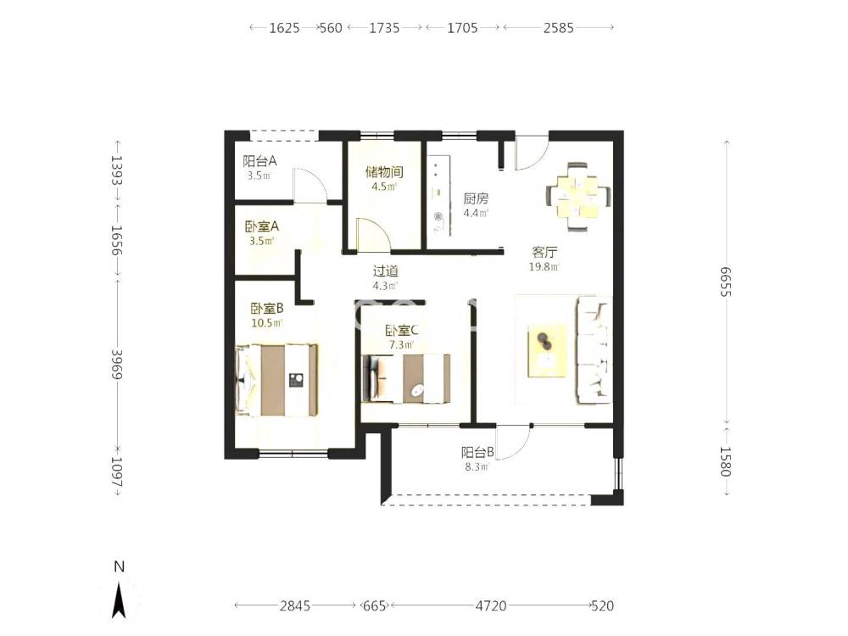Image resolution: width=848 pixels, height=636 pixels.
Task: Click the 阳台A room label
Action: pyautogui.click(x=259, y=161)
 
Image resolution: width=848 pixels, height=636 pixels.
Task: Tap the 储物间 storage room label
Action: pyautogui.click(x=384, y=172)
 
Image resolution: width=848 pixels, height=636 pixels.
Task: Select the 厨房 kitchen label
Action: pyautogui.click(x=476, y=199)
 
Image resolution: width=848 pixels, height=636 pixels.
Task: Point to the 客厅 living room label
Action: pyautogui.click(x=544, y=252)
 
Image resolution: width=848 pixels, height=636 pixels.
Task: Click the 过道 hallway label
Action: pyautogui.click(x=386, y=271)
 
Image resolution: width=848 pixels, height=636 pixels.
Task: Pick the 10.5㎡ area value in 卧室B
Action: pyautogui.click(x=266, y=323)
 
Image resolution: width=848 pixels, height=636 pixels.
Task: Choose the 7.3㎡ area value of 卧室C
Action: pyautogui.click(x=401, y=344)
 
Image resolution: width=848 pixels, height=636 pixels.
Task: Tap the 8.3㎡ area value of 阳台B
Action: pyautogui.click(x=477, y=466)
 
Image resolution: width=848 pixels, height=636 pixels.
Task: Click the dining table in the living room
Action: pyautogui.click(x=578, y=197)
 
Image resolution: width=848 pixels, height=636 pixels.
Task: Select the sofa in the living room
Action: pyautogui.click(x=594, y=350)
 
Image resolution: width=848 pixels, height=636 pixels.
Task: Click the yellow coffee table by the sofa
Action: pyautogui.click(x=548, y=350)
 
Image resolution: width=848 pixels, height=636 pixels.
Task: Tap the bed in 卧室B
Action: pyautogui.click(x=276, y=380)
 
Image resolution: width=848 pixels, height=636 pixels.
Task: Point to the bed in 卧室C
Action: pyautogui.click(x=405, y=378)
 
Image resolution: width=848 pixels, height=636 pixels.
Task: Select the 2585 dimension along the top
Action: pyautogui.click(x=559, y=28)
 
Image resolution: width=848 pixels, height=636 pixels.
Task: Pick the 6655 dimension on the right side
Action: pyautogui.click(x=725, y=282)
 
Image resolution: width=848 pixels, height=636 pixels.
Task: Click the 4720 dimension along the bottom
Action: pyautogui.click(x=491, y=605)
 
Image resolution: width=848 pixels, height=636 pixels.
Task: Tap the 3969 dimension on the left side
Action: pyautogui.click(x=117, y=365)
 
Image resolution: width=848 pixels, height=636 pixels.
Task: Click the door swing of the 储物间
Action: pyautogui.click(x=373, y=235)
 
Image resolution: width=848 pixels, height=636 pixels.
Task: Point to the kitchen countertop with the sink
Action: pyautogui.click(x=438, y=197)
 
